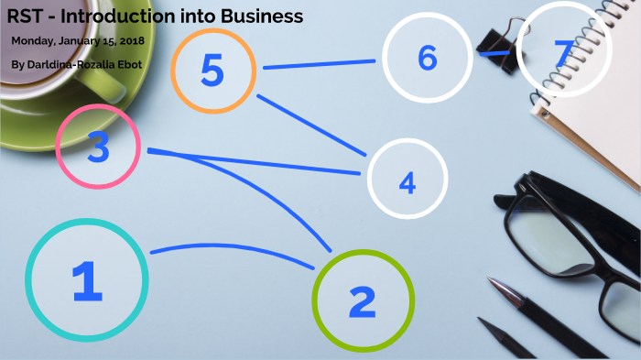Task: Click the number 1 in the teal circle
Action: tap(87, 281)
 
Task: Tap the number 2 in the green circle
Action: tap(363, 300)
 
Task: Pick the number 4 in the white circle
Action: tap(407, 183)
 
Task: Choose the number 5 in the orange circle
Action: tap(212, 71)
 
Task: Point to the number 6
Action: tap(427, 59)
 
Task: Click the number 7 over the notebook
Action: tap(561, 54)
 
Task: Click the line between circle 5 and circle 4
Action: tap(311, 123)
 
